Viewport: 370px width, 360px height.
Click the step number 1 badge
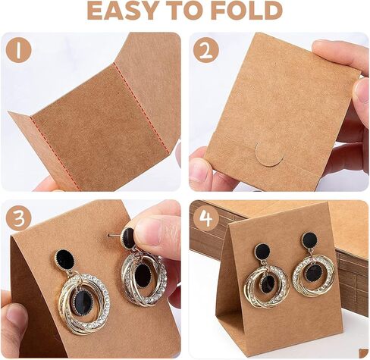click(x=19, y=51)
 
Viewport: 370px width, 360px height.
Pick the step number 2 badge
click(x=206, y=51)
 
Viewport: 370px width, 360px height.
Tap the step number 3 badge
click(x=19, y=218)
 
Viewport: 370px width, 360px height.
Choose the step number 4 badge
click(x=206, y=218)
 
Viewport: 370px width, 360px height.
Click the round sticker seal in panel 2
click(x=269, y=153)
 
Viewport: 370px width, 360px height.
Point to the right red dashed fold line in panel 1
click(x=142, y=108)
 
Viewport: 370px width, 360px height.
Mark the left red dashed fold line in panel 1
click(x=55, y=153)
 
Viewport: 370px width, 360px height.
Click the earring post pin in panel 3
click(x=114, y=236)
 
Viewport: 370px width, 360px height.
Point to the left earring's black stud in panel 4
click(x=263, y=253)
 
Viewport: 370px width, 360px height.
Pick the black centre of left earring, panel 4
click(x=268, y=283)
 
